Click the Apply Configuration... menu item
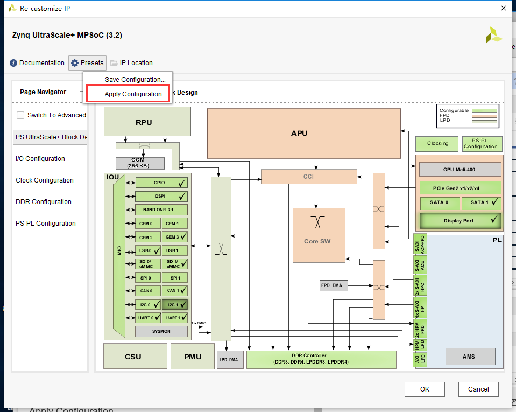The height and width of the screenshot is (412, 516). [135, 94]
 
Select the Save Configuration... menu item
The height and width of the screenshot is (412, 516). [135, 80]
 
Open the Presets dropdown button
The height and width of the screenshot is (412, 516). [87, 63]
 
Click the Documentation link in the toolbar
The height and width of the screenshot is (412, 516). [37, 63]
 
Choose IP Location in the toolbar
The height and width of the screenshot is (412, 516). [131, 63]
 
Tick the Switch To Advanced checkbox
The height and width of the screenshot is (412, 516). [20, 115]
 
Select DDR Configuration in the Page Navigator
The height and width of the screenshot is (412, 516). [44, 202]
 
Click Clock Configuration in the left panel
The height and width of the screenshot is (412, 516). [45, 180]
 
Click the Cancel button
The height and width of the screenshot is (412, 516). [478, 389]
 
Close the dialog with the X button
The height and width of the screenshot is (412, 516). [503, 8]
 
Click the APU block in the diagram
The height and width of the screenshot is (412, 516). [303, 133]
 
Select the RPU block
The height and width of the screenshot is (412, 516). [147, 122]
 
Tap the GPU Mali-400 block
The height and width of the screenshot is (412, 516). [459, 170]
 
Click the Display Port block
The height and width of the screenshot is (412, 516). [459, 221]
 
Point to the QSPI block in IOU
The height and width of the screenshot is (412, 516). [161, 197]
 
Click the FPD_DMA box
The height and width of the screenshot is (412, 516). [334, 285]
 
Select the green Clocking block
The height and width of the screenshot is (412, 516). [437, 143]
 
